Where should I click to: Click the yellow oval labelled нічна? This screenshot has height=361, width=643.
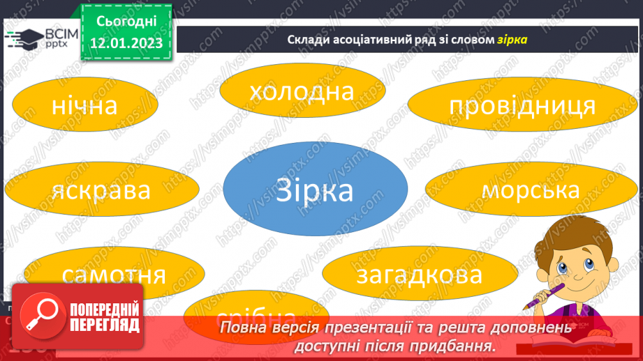pos(84,106)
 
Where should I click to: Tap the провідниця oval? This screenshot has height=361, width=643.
pos(522,106)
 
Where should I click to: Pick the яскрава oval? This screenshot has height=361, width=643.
pos(101,190)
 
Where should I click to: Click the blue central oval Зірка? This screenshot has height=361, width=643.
pos(316,190)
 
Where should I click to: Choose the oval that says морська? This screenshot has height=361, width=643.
pos(531,190)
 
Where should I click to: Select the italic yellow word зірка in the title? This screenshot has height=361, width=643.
pos(512,40)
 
